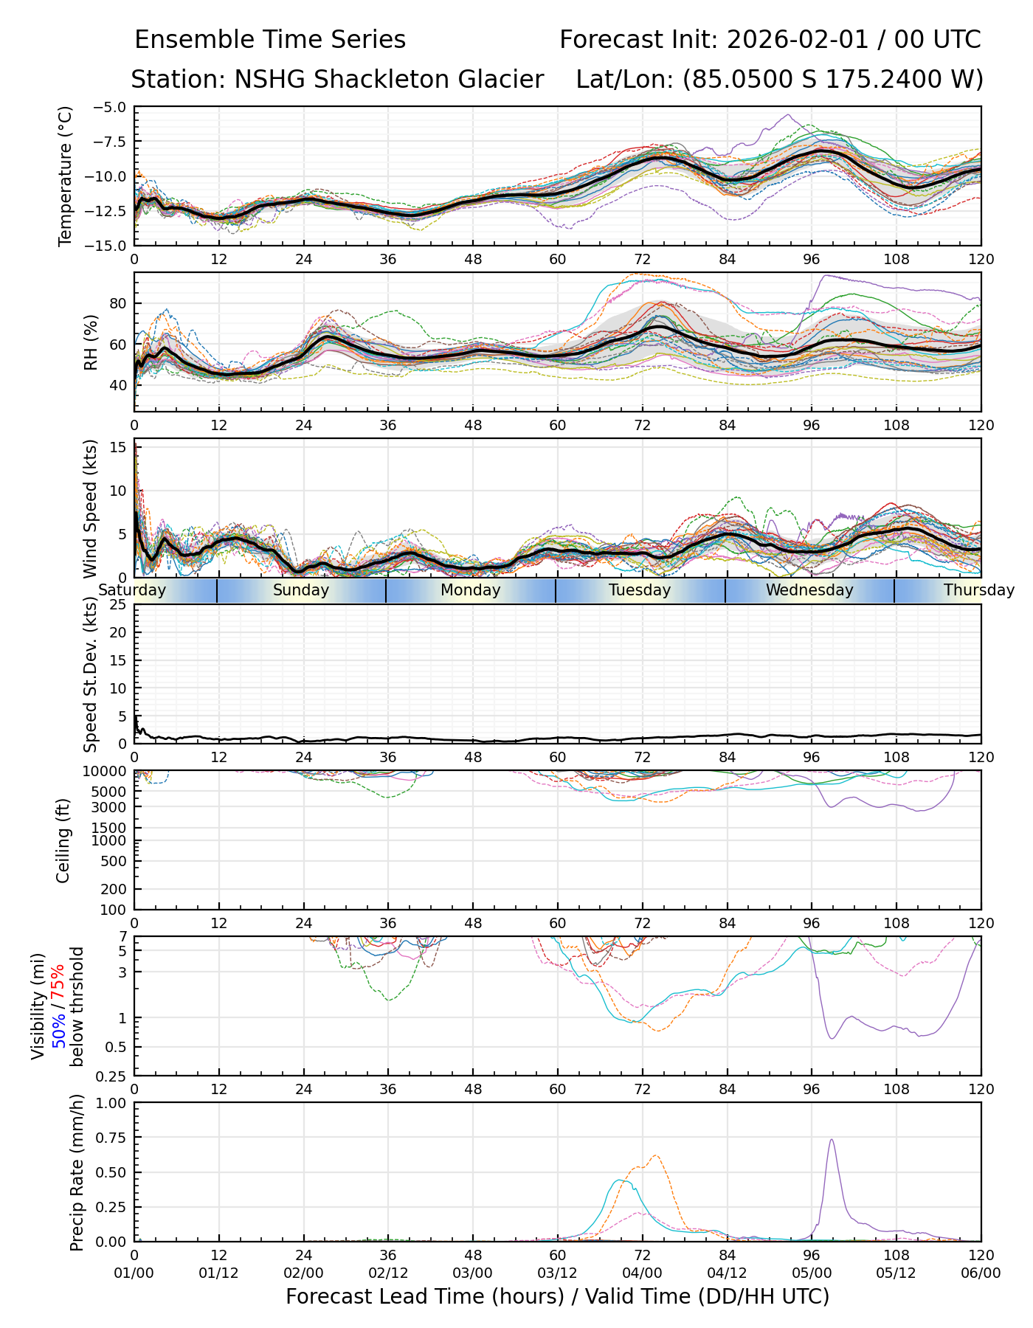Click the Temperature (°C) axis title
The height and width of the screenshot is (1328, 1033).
coord(66,176)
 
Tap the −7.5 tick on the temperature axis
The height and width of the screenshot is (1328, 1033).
coord(112,142)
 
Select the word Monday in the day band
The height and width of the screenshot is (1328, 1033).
coord(470,590)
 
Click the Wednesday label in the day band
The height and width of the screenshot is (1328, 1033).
coord(809,590)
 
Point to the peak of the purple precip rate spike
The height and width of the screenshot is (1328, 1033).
coord(832,1140)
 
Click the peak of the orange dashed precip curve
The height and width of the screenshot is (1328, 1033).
coord(655,1156)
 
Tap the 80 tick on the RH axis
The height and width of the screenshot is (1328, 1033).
coord(118,303)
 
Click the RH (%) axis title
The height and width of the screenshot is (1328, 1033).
coord(91,342)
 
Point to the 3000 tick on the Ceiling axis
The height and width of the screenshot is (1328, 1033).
coord(111,806)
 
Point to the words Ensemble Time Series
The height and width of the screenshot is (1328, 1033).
coord(270,40)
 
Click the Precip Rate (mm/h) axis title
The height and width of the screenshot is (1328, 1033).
coord(77,1172)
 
